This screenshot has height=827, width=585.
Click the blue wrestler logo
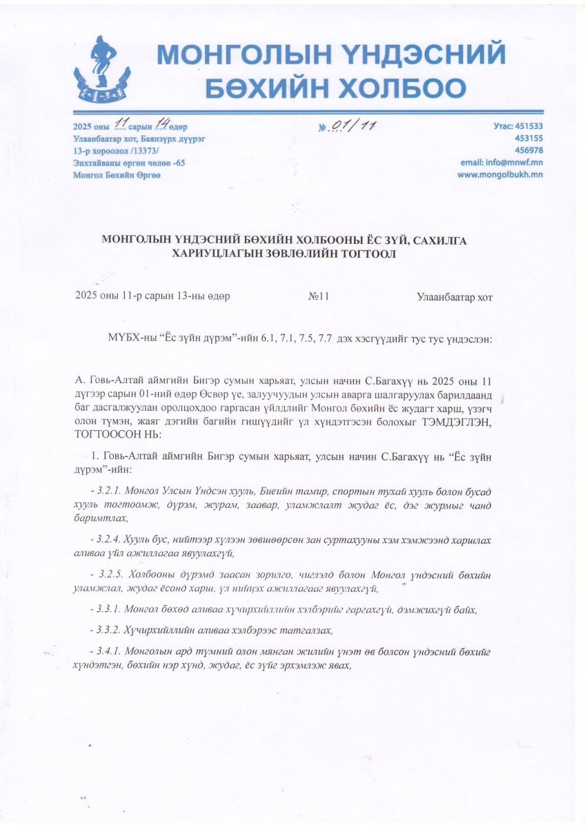(110, 70)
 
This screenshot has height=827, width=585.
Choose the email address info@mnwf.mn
(502, 162)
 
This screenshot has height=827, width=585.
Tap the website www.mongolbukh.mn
(500, 174)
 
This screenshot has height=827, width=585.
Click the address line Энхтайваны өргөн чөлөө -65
(129, 163)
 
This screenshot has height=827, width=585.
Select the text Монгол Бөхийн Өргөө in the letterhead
(117, 175)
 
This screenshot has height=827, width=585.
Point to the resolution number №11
(318, 296)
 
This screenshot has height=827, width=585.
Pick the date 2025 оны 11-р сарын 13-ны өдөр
(152, 296)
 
